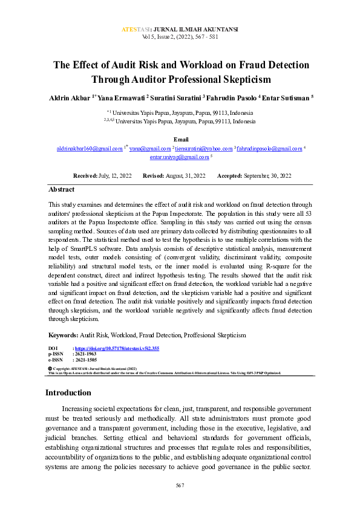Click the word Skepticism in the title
tap(243, 79)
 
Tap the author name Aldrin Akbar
tap(69, 97)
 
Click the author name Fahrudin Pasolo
tap(233, 97)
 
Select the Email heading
tap(181, 140)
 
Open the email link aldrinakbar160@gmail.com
tap(90, 148)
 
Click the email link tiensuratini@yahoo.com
tap(205, 148)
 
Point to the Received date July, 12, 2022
tap(115, 175)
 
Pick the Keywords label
tap(63, 334)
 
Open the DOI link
tap(117, 349)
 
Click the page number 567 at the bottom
tap(180, 485)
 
